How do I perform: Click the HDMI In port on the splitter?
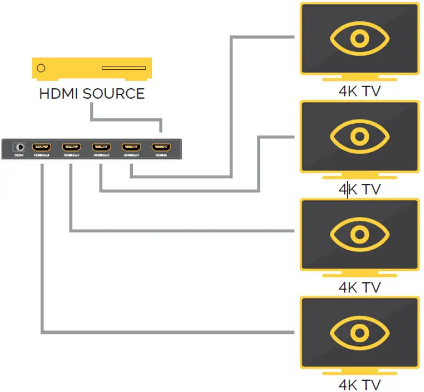pyautogui.click(x=161, y=147)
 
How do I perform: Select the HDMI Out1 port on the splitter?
pyautogui.click(x=131, y=147)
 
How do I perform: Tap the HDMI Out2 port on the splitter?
pyautogui.click(x=101, y=147)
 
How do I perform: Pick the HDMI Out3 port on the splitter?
pyautogui.click(x=71, y=147)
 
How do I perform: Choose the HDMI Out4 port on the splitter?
pyautogui.click(x=41, y=147)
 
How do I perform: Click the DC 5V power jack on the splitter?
pyautogui.click(x=20, y=147)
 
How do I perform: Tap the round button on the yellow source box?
pyautogui.click(x=41, y=68)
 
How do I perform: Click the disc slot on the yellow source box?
pyautogui.click(x=124, y=68)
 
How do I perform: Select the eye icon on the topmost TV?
pyautogui.click(x=358, y=39)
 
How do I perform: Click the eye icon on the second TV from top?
pyautogui.click(x=358, y=137)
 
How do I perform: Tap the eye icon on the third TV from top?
pyautogui.click(x=358, y=234)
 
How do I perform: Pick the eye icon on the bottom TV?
pyautogui.click(x=358, y=332)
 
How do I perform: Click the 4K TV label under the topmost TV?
pyautogui.click(x=359, y=91)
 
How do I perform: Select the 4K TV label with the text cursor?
pyautogui.click(x=359, y=189)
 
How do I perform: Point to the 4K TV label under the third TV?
pyautogui.click(x=359, y=287)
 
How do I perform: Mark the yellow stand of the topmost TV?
pyautogui.click(x=359, y=79)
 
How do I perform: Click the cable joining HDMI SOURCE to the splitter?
pyautogui.click(x=125, y=118)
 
